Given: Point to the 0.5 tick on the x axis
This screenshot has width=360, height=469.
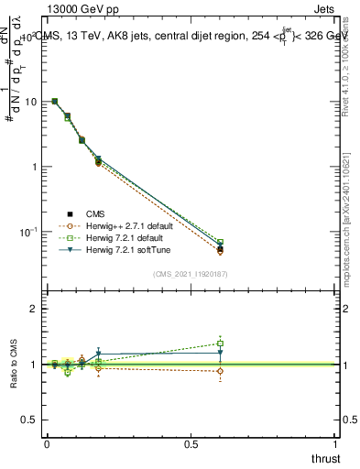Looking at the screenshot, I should (x=191, y=443).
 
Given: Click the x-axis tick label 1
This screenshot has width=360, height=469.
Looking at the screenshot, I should (x=335, y=443).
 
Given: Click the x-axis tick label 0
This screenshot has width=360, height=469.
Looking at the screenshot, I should (x=47, y=443).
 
